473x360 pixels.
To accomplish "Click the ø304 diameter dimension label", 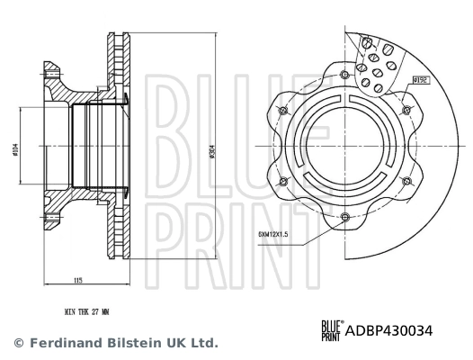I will (x=212, y=153).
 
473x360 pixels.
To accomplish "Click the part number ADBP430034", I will (x=388, y=331).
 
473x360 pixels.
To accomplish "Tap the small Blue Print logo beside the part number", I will (x=330, y=331).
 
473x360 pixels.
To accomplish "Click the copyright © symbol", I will (x=17, y=343).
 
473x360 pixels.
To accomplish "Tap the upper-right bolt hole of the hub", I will (x=406, y=110).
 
